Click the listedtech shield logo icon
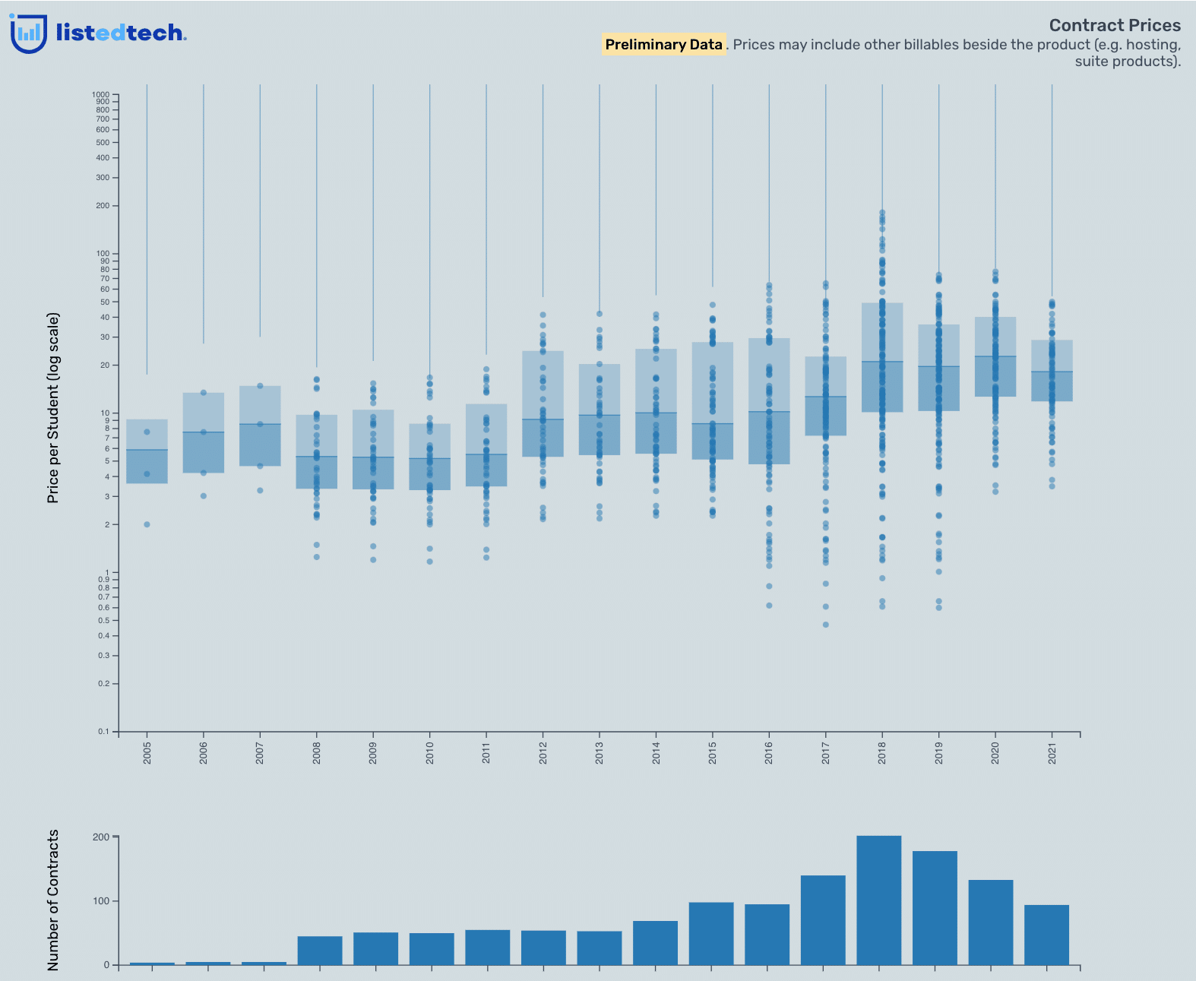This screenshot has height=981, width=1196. [x=28, y=33]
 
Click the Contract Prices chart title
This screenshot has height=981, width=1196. [x=1115, y=26]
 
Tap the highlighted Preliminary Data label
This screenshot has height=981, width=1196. [x=663, y=45]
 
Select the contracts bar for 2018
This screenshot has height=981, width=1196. [x=879, y=900]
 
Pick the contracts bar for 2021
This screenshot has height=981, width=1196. [x=1046, y=935]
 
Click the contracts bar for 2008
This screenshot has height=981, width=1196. [x=320, y=951]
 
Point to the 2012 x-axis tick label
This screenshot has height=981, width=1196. [x=543, y=753]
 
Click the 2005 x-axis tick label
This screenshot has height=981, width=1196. [x=147, y=753]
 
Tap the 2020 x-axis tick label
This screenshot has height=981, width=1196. [x=995, y=753]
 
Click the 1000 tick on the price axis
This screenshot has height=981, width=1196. [x=101, y=95]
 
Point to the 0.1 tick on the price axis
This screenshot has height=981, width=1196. [x=103, y=732]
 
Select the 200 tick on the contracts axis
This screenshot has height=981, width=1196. [x=101, y=837]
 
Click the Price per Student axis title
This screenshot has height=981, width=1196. [x=53, y=407]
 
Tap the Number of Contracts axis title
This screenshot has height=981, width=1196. [x=53, y=900]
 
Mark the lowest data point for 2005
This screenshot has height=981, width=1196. [x=147, y=524]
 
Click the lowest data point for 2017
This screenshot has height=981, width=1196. [x=826, y=625]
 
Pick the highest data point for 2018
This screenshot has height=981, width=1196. [x=882, y=213]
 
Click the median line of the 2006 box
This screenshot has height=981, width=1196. [x=204, y=432]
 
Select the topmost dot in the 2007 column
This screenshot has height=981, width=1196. [x=260, y=386]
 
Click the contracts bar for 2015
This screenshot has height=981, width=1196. [x=711, y=933]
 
